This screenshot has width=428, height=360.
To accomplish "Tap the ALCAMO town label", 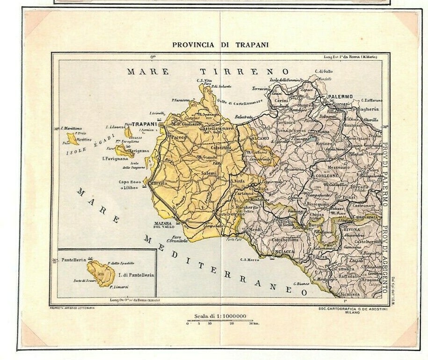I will (x=260, y=139).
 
